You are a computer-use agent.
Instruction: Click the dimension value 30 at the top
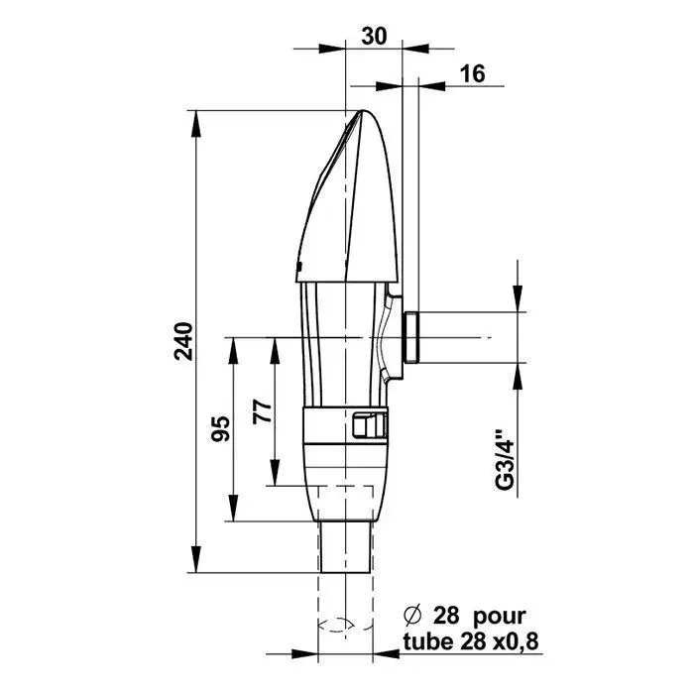pos(374,36)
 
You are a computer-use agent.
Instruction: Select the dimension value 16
pos(473,73)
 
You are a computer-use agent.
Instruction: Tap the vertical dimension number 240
pos(183,341)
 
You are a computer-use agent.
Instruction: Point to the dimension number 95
pos(220,428)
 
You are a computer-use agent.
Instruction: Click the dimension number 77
pos(262,411)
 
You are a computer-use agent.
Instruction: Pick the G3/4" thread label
pos(505,459)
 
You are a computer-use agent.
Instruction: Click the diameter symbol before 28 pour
pos(412,616)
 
